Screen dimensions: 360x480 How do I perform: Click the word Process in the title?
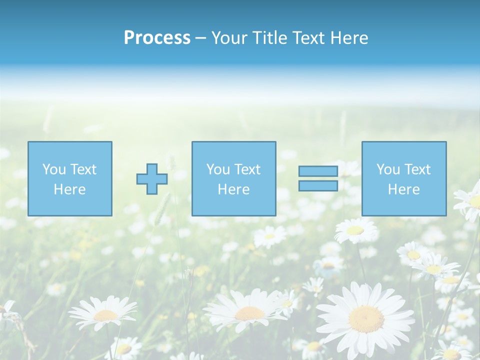(x=157, y=38)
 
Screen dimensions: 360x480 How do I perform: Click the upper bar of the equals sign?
(x=318, y=171)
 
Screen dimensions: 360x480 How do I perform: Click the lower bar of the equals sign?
(x=318, y=186)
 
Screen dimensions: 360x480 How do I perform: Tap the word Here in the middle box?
(x=233, y=189)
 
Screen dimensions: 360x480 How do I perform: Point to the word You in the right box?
(x=388, y=169)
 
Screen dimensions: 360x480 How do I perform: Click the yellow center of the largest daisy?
(x=366, y=319)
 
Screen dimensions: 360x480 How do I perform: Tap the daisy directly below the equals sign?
(x=355, y=230)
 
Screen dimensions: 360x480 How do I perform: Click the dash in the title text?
(x=200, y=38)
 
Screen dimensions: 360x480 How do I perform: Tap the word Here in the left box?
(x=69, y=189)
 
